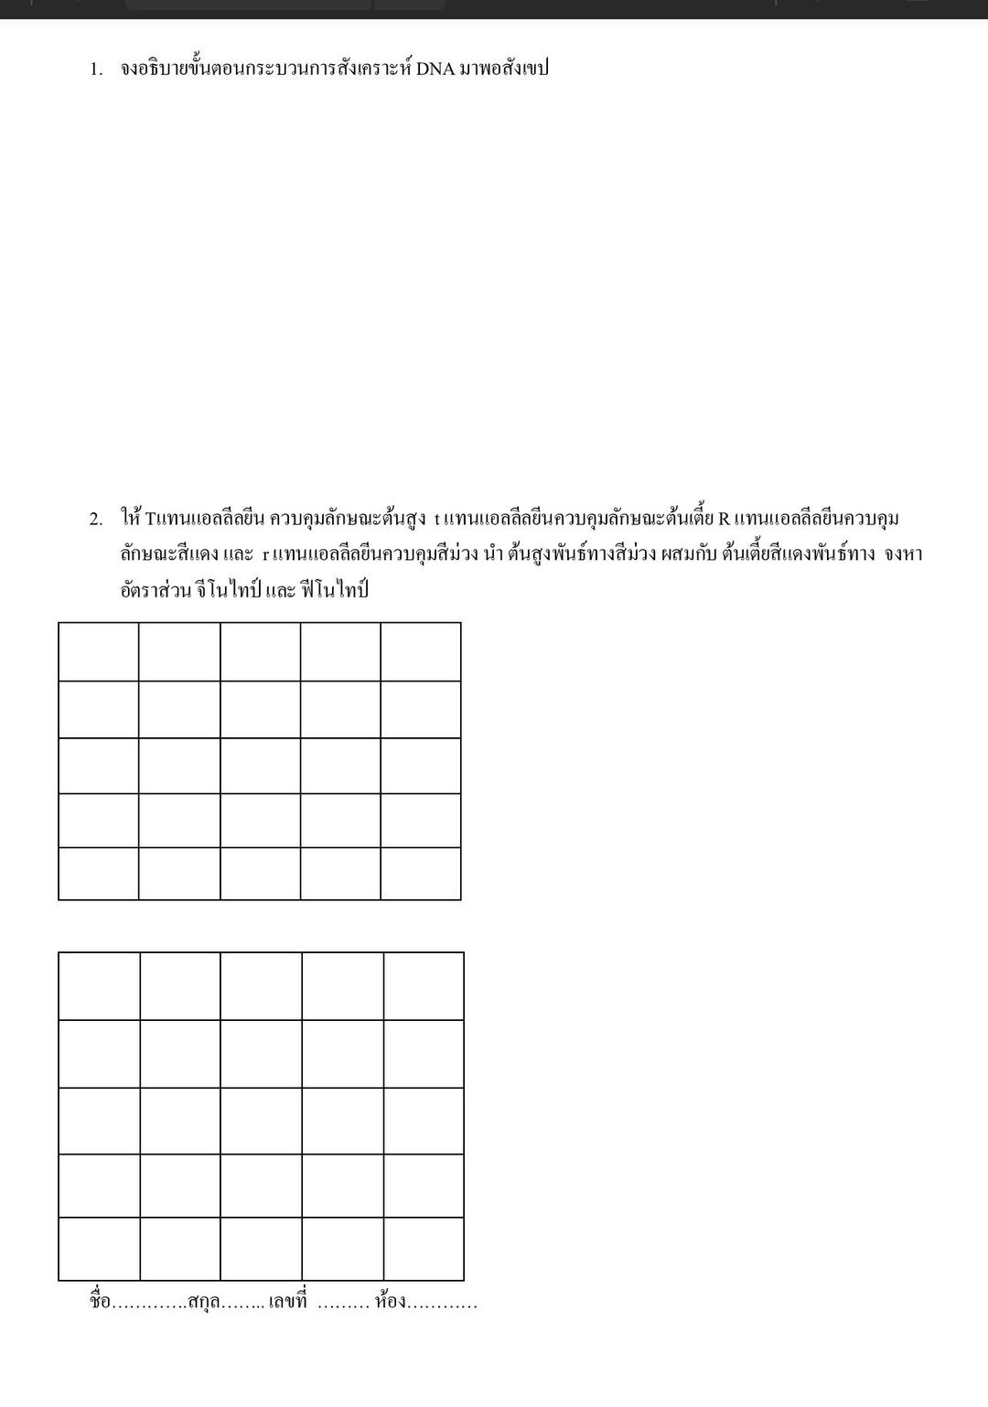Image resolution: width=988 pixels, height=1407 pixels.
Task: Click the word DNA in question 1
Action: point(435,70)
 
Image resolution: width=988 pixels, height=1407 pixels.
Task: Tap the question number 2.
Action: point(95,520)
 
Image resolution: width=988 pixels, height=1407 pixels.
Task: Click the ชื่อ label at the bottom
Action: point(100,1302)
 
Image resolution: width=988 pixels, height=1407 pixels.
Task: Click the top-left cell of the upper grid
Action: point(99,652)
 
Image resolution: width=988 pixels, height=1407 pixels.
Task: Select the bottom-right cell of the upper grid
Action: point(421,874)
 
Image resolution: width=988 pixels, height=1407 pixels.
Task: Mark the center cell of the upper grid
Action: point(260,766)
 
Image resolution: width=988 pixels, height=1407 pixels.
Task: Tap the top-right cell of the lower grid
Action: point(424,986)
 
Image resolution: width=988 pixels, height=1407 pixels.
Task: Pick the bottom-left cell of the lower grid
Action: point(100,1249)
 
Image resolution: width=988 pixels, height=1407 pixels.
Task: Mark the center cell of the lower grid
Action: point(262,1122)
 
